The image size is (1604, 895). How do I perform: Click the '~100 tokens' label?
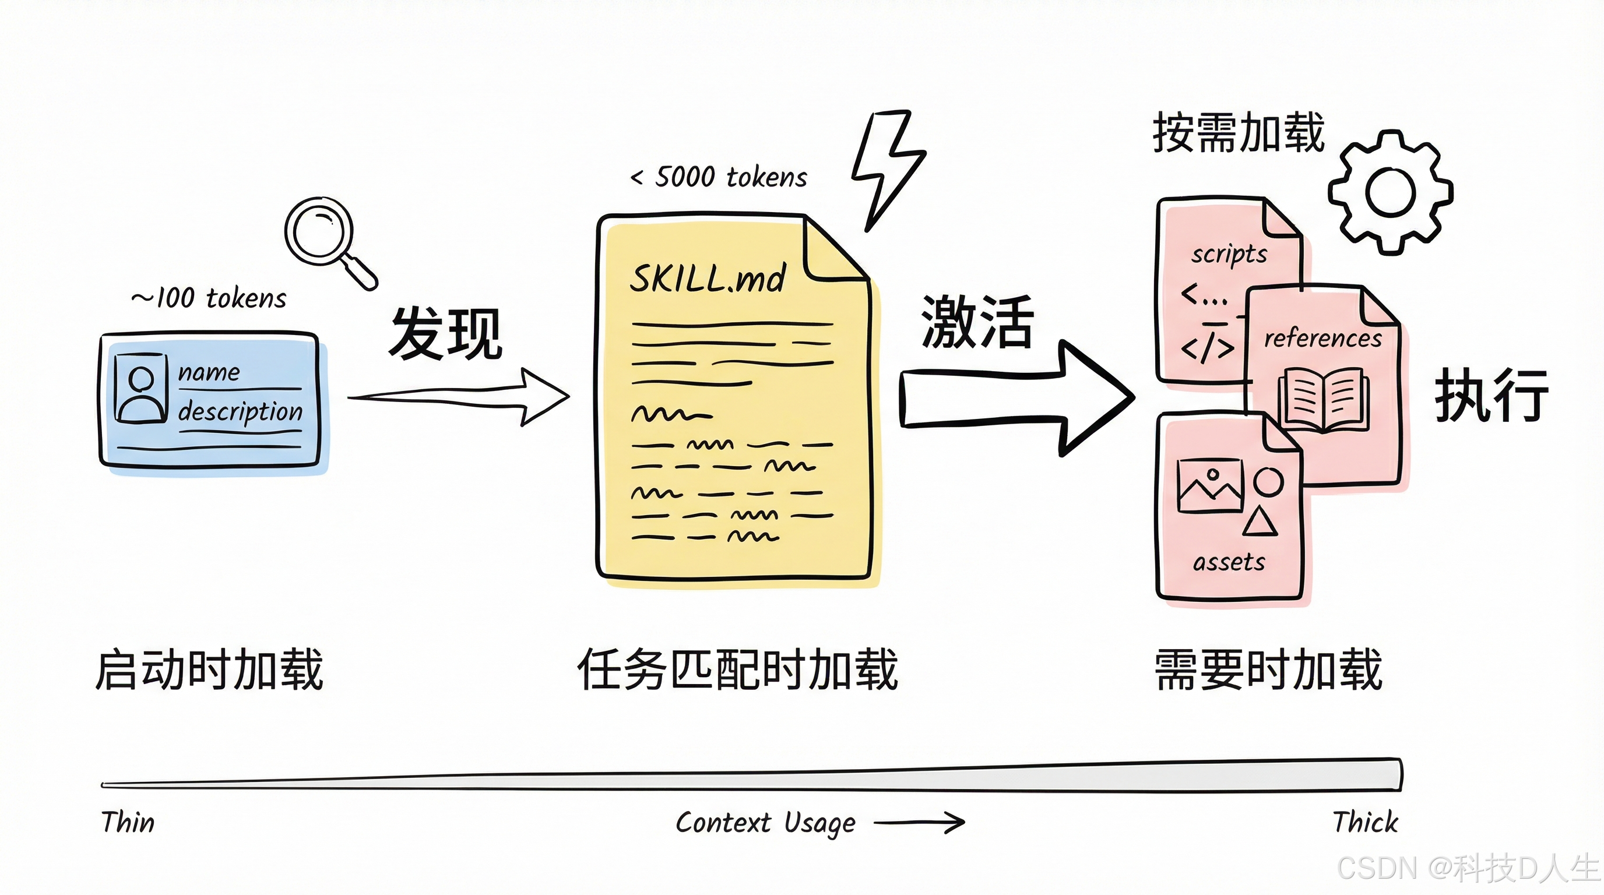[x=209, y=299]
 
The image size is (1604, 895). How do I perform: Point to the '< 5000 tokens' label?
[x=719, y=177]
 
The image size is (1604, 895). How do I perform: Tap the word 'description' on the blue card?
[x=240, y=411]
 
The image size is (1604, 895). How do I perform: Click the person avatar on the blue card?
[x=142, y=389]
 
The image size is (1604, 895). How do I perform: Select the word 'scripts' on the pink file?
[x=1229, y=254]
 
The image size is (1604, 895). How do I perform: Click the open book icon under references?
[x=1323, y=399]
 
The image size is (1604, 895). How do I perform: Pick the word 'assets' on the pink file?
[x=1229, y=562]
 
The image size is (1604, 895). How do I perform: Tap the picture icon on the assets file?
[x=1210, y=485]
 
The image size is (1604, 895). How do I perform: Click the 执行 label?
[x=1492, y=395]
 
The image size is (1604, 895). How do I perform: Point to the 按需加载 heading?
[x=1238, y=133]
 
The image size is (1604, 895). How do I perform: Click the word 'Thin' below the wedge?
[x=128, y=822]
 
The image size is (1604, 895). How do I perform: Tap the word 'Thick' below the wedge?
[x=1365, y=822]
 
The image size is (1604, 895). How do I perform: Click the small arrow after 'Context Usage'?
[x=919, y=822]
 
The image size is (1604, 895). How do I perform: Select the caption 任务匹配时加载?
[x=737, y=669]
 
